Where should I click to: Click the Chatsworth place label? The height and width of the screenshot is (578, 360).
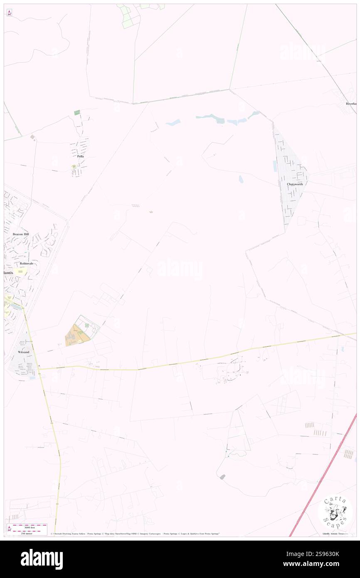point(297,184)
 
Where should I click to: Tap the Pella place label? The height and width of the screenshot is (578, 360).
point(80,156)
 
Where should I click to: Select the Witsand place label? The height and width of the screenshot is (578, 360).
point(24,352)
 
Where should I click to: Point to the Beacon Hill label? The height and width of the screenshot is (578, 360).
point(21,235)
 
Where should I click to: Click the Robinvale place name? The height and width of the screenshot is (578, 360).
point(26,264)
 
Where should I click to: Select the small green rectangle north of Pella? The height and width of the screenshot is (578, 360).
point(76,113)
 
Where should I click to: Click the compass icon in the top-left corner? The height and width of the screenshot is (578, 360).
point(9,13)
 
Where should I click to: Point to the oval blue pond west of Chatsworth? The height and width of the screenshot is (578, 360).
point(241,179)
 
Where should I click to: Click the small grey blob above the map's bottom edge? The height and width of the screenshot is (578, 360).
point(222,477)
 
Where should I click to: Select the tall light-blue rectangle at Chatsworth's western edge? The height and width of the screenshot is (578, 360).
point(275,166)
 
